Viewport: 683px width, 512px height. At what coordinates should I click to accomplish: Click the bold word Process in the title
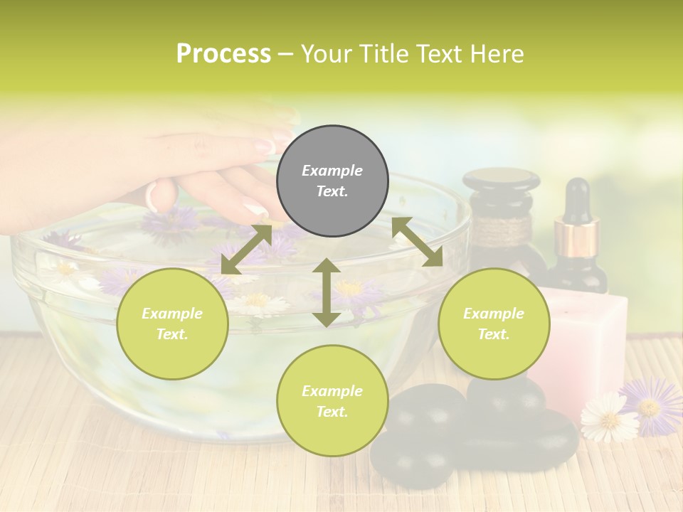(223, 54)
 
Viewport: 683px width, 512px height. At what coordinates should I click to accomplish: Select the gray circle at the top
(332, 181)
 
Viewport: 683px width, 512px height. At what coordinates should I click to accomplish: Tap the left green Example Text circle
(172, 324)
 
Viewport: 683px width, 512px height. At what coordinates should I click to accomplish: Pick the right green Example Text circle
(494, 324)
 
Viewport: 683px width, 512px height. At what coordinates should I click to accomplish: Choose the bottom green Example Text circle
(332, 401)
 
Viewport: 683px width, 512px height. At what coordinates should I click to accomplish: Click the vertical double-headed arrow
(327, 292)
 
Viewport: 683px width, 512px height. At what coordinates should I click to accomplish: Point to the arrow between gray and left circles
(246, 250)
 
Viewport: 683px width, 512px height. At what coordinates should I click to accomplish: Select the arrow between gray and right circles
(418, 242)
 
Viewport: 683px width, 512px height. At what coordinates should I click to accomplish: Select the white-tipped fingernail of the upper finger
(265, 146)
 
